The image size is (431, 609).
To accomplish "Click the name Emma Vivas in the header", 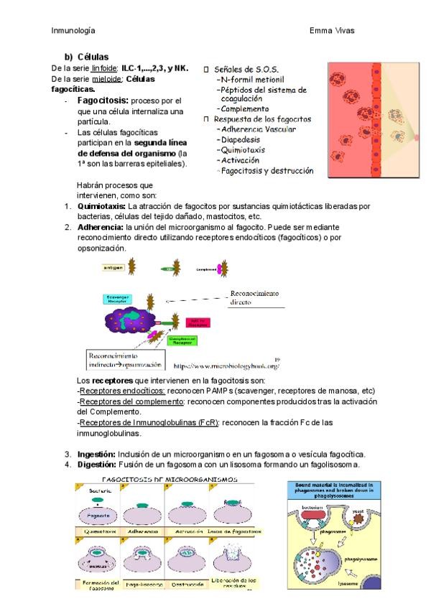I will [332, 30].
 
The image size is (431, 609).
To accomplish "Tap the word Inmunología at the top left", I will [74, 30].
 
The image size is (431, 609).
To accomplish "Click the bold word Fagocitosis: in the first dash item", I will [103, 101].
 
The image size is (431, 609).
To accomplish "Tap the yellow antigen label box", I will [113, 267].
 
